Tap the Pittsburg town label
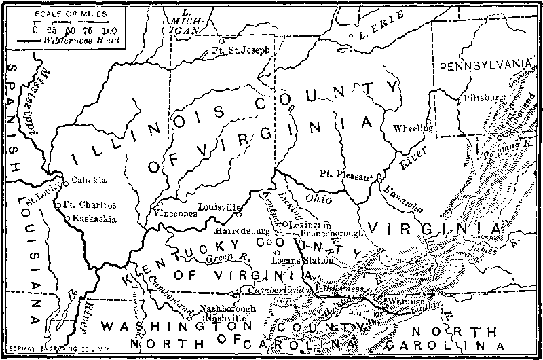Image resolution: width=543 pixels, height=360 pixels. [484, 98]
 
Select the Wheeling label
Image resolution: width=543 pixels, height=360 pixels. [413, 127]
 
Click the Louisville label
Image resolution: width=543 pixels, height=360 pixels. [221, 206]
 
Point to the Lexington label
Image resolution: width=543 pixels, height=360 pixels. [310, 224]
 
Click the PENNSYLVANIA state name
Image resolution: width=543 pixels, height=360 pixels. [483, 65]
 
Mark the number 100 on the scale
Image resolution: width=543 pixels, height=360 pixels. [108, 31]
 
